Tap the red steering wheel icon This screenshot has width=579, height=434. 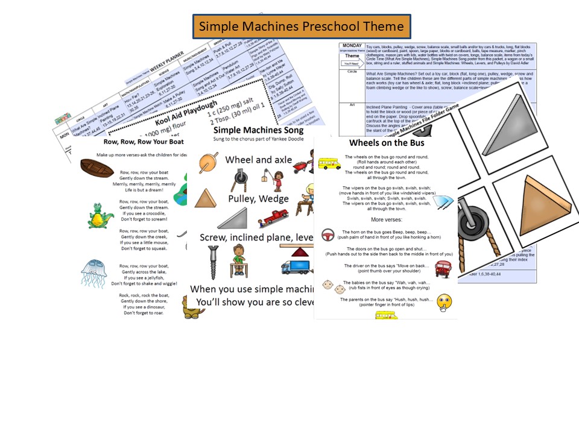click(328, 234)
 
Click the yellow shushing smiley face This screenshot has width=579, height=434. click(445, 302)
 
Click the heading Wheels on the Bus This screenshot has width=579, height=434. click(385, 143)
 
